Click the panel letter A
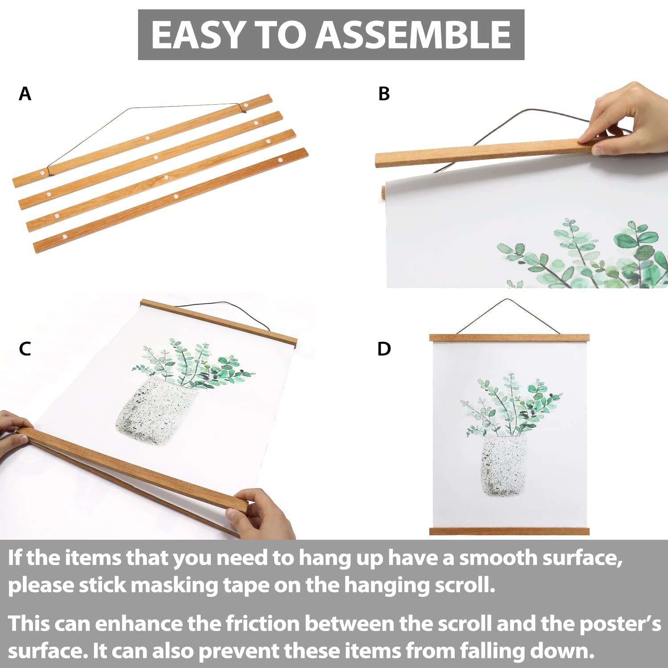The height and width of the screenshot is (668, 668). tap(25, 94)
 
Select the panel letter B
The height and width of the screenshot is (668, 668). tap(383, 94)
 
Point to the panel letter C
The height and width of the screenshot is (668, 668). tap(25, 349)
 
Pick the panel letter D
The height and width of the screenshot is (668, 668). tap(383, 349)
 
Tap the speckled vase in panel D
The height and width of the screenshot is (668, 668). tap(504, 465)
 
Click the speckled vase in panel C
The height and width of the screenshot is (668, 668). tap(154, 412)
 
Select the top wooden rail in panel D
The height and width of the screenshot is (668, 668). tap(509, 338)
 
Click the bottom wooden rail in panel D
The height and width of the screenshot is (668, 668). tap(509, 531)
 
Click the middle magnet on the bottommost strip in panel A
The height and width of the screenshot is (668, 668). tap(175, 196)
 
